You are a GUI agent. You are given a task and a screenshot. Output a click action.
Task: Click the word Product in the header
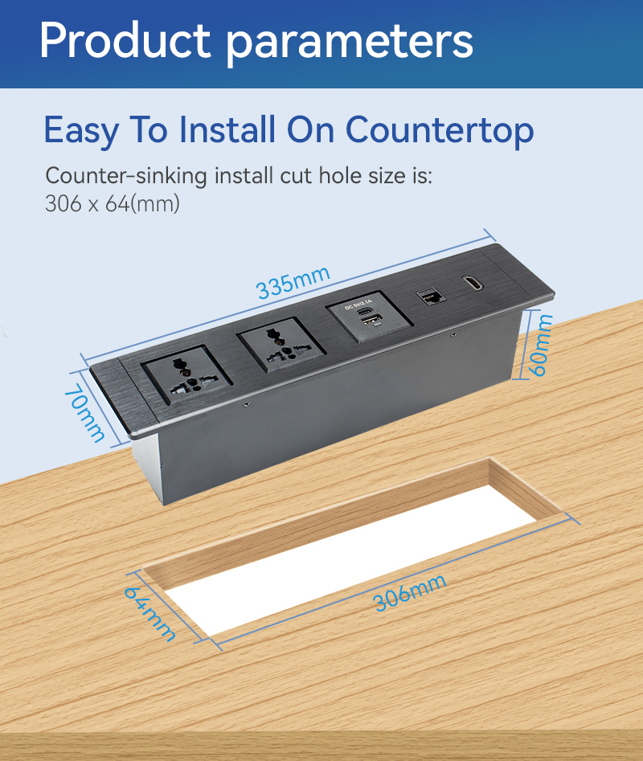point(125,41)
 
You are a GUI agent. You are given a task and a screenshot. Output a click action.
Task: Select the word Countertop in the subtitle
point(440,131)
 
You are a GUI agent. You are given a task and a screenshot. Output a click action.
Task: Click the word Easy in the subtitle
point(81,131)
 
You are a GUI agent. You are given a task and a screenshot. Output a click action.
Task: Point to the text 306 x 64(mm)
point(112,203)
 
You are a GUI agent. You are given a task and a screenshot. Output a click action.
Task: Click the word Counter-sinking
point(126,176)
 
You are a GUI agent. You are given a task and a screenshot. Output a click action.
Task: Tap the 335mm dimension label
point(293,282)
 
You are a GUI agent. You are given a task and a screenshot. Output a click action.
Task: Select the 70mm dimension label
point(84,412)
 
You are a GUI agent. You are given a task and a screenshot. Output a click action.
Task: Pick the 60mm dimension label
point(539,345)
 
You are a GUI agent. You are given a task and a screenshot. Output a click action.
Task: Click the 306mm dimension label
point(410,592)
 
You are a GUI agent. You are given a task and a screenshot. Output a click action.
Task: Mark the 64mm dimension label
point(150,614)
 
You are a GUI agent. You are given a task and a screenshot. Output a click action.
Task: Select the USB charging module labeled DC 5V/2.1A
point(369,317)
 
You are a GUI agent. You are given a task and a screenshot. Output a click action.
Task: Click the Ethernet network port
point(430,296)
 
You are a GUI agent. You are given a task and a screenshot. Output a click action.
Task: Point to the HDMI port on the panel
point(473,284)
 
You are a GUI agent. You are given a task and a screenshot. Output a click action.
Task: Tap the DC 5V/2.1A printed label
point(358,305)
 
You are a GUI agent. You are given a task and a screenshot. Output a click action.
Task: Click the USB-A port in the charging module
point(371,321)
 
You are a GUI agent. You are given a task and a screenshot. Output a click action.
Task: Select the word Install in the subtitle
point(227,130)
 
